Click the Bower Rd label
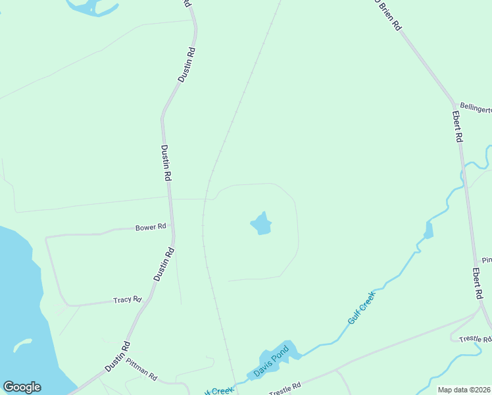(151, 227)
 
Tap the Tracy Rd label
(127, 300)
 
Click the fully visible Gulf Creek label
(360, 306)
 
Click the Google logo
(22, 387)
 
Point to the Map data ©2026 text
(464, 390)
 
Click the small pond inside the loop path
(261, 224)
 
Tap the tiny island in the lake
(22, 345)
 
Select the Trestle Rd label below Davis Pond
(284, 388)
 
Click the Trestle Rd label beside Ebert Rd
(475, 339)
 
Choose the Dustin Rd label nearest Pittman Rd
(118, 356)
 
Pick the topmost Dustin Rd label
(187, 64)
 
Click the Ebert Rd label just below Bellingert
(458, 126)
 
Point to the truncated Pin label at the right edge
(486, 261)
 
